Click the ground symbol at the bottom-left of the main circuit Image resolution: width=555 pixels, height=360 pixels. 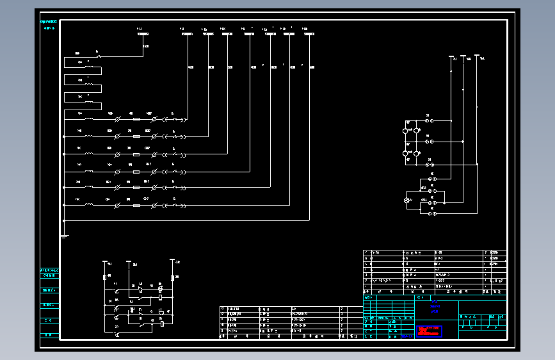(x=64, y=235)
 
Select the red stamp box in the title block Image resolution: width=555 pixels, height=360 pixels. (x=429, y=331)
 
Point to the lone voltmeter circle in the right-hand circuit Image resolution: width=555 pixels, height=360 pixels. (x=405, y=200)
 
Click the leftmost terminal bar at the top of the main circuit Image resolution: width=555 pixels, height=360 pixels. (x=143, y=35)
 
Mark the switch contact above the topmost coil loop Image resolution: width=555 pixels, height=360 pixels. (x=98, y=56)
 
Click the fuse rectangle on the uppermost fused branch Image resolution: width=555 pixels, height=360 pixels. (x=136, y=119)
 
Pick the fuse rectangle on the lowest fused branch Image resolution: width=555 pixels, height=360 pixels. (x=136, y=206)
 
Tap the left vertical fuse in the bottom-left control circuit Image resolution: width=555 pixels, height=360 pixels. (x=104, y=277)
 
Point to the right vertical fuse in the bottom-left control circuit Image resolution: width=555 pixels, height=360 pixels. (x=173, y=277)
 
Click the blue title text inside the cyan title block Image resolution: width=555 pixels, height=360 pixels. (x=436, y=306)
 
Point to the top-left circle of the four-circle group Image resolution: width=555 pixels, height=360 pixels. (x=405, y=131)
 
